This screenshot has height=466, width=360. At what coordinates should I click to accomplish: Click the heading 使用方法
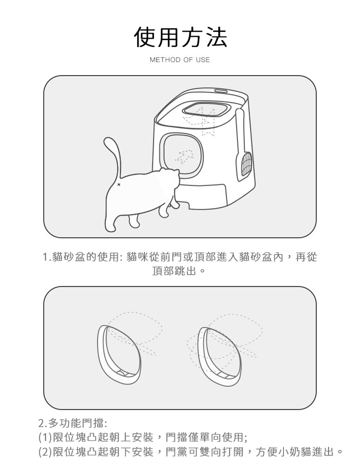180,37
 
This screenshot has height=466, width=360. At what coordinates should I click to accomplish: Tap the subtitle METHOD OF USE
180,60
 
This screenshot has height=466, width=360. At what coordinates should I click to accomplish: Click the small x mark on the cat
119,185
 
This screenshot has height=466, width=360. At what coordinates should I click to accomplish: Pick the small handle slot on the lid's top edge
221,91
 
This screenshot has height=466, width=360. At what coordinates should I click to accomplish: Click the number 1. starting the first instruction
47,257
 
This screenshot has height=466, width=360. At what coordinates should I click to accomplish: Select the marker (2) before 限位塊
45,452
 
